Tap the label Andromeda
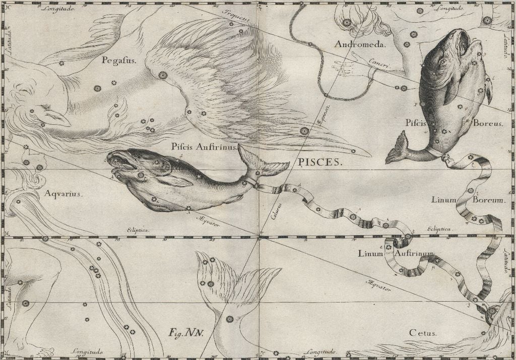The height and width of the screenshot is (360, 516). click(x=360, y=44)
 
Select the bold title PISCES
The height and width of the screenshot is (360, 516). click(x=317, y=162)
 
